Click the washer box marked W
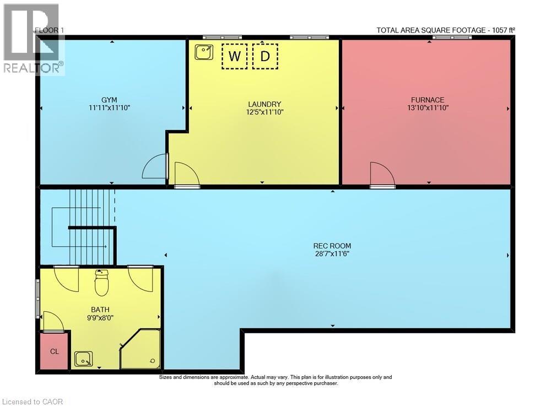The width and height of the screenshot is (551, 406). (234, 56)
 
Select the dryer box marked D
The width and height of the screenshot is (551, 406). (266, 56)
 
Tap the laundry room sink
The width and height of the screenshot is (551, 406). (204, 52)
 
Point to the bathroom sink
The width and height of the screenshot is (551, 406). (84, 359)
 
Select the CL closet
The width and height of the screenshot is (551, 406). (54, 351)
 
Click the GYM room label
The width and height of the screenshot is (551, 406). (109, 100)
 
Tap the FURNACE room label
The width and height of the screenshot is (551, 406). (428, 100)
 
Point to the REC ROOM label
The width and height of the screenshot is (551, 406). (332, 246)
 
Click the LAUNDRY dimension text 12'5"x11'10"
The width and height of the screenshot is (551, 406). (264, 112)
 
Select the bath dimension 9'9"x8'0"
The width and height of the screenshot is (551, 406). (100, 318)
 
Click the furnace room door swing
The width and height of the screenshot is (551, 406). (383, 175)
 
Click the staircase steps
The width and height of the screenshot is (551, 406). (92, 227)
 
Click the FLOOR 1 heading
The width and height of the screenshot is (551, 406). (50, 30)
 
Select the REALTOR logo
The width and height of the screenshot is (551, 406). (34, 39)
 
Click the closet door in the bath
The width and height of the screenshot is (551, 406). (53, 321)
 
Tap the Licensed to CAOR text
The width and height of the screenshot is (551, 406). (33, 402)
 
